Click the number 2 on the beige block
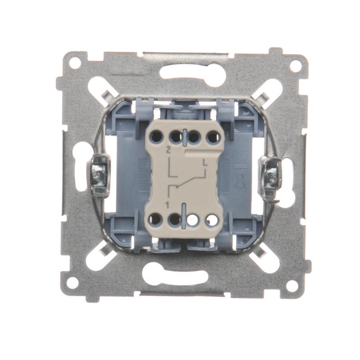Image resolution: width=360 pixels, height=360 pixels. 169,151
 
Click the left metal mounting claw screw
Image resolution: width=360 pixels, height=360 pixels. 98,176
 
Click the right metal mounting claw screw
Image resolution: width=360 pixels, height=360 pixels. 271,177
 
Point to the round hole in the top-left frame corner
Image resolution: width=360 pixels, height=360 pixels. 75,62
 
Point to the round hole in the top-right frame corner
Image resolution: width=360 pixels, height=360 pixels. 295,66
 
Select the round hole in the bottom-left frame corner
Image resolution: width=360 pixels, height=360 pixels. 72,281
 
